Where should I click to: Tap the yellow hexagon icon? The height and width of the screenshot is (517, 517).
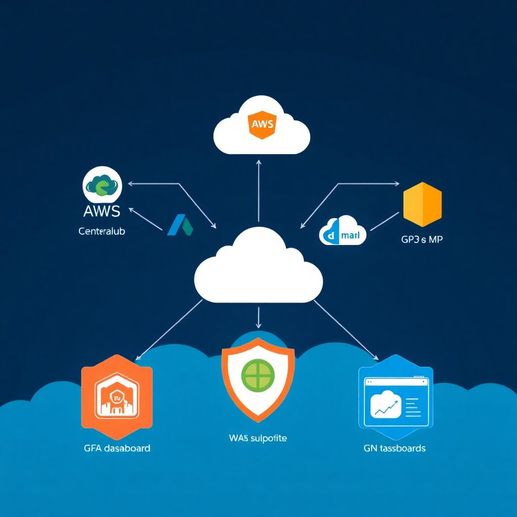click(423, 205)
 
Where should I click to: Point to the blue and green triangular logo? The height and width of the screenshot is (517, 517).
click(180, 225)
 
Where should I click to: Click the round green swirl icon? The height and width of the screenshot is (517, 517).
click(101, 186)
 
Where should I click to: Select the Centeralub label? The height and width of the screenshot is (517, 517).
click(102, 231)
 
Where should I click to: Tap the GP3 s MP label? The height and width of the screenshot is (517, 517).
click(422, 240)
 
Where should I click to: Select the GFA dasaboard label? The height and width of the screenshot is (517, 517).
click(117, 448)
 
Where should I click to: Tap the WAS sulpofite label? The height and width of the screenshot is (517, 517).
click(257, 438)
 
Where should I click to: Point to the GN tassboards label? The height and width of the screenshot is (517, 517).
click(394, 448)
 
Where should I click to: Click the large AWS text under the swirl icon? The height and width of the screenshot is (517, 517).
click(102, 211)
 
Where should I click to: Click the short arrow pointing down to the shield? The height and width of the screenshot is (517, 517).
click(258, 318)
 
